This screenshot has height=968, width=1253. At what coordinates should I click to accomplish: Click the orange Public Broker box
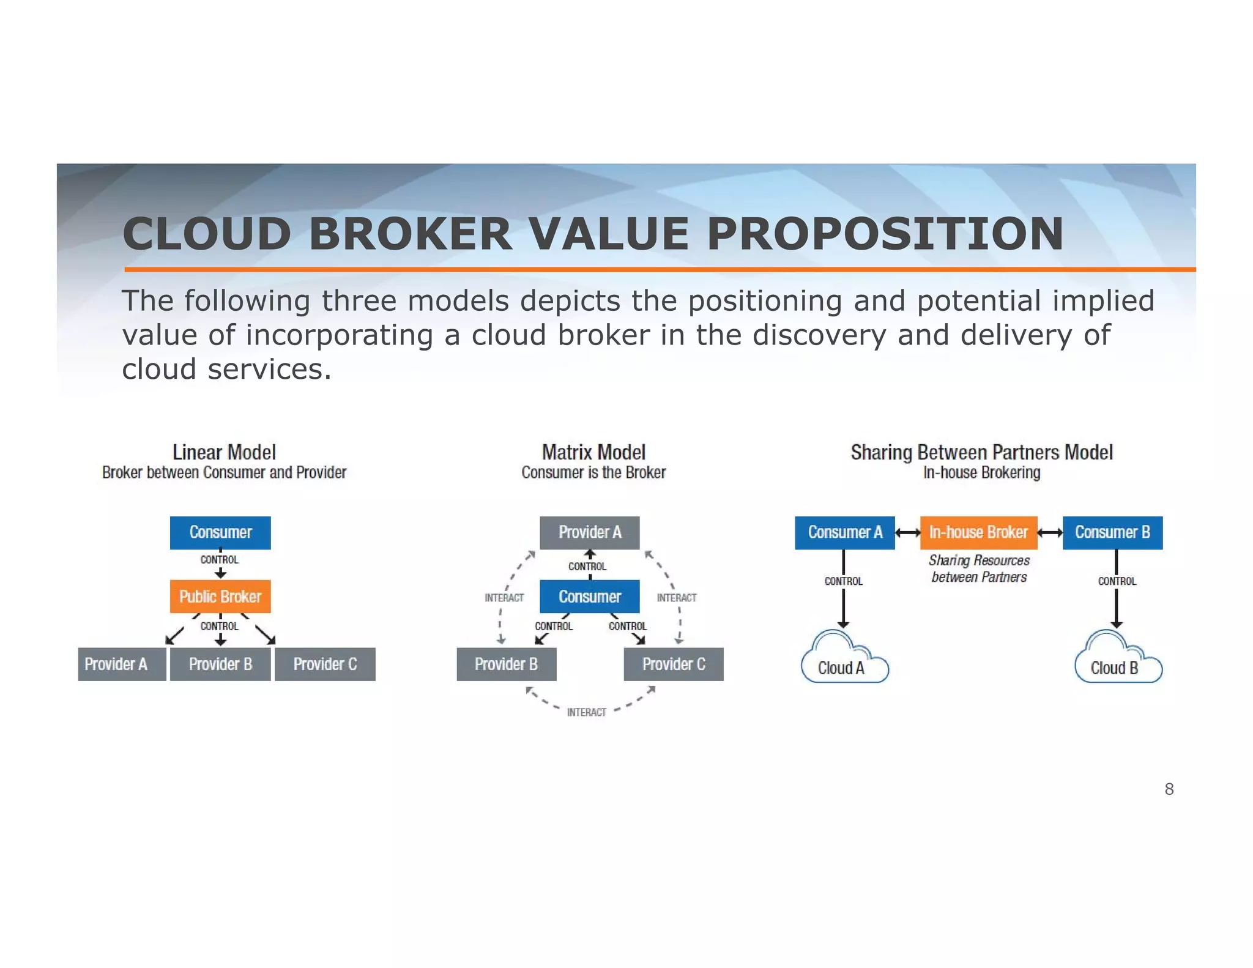click(x=220, y=597)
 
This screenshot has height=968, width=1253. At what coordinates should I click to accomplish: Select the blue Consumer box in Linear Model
click(x=220, y=532)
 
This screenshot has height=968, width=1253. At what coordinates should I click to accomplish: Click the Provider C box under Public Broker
click(x=325, y=664)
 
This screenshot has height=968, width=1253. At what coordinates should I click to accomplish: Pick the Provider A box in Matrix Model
click(x=590, y=532)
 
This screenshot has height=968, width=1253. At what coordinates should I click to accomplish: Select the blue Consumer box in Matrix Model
click(x=590, y=597)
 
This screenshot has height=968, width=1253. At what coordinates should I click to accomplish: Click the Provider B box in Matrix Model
click(x=507, y=664)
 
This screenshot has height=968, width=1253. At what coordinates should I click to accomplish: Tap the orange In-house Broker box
click(x=978, y=532)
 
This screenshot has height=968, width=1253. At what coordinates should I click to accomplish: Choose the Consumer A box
click(x=845, y=532)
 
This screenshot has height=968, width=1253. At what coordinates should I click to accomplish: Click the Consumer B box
click(x=1112, y=532)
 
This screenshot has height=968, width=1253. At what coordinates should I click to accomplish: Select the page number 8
click(x=1169, y=789)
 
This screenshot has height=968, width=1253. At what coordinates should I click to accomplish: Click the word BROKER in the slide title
click(x=410, y=234)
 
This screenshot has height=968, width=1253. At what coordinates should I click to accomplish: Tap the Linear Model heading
click(x=224, y=452)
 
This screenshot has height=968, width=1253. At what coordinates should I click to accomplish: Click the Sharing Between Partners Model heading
click(x=981, y=452)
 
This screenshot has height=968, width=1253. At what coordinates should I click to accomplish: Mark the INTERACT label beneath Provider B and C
click(x=586, y=712)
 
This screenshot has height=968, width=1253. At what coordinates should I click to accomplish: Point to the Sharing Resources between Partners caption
click(x=979, y=568)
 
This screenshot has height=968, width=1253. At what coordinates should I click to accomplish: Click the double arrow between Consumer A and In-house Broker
click(x=908, y=533)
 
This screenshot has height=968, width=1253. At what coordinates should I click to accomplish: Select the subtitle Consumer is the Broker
click(x=593, y=472)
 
